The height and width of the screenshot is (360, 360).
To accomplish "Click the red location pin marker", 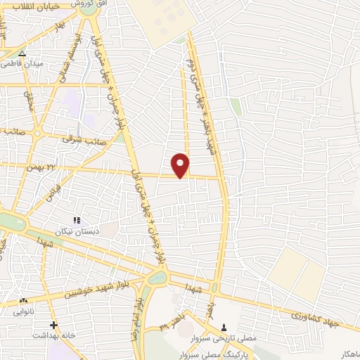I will pyautogui.click(x=181, y=165).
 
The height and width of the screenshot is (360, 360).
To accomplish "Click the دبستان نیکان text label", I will pyautogui.click(x=79, y=231).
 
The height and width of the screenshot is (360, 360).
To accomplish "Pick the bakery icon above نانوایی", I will pyautogui.click(x=24, y=300).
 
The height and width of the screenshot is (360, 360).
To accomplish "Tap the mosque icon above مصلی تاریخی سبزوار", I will pyautogui.click(x=224, y=326).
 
